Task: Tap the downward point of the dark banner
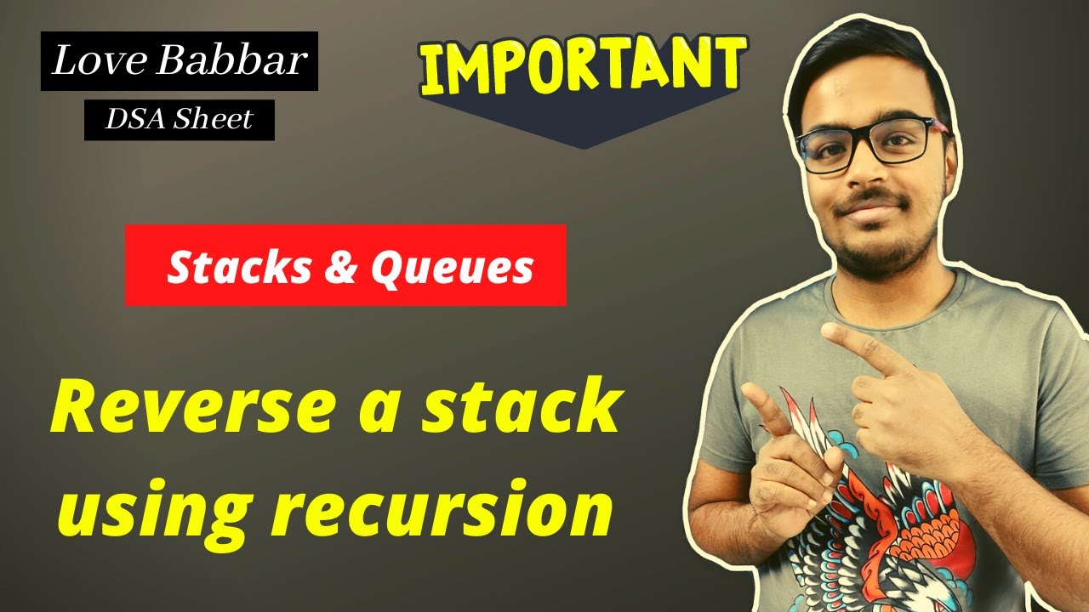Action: (x=584, y=146)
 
